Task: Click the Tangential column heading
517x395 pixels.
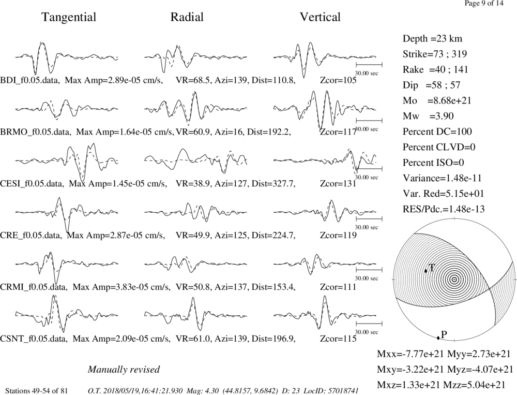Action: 69,17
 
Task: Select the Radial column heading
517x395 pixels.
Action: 187,17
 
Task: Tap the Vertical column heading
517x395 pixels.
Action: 320,17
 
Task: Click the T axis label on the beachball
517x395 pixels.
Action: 432,268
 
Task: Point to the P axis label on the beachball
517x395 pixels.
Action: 444,334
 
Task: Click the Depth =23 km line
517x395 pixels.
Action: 432,39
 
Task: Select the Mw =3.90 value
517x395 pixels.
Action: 428,116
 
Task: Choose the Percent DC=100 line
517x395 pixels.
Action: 437,131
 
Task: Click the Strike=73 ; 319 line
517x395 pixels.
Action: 435,54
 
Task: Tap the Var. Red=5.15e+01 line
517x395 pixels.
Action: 443,194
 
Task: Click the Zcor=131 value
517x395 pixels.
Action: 338,183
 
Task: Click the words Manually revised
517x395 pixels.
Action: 124,369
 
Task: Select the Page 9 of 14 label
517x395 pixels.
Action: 484,4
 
